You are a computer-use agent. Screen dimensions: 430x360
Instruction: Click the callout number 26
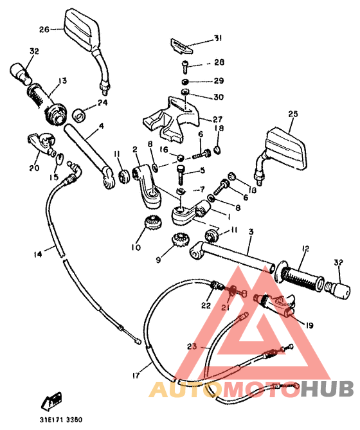(x=44, y=29)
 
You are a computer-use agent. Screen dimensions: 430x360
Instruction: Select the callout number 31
(x=217, y=39)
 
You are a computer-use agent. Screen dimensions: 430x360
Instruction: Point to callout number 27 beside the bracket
(x=217, y=119)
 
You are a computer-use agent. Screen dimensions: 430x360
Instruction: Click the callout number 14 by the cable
(x=37, y=255)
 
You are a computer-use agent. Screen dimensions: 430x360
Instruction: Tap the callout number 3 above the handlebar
(x=251, y=232)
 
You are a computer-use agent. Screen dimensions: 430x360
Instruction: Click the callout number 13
(x=62, y=80)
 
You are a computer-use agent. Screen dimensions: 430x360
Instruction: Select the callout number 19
(x=309, y=325)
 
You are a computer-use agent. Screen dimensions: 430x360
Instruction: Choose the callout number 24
(x=102, y=102)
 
